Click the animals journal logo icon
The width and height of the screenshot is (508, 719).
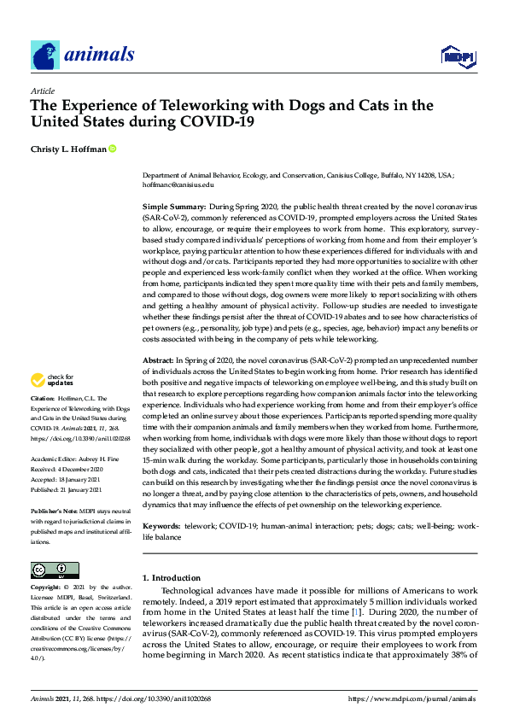pyautogui.click(x=45, y=56)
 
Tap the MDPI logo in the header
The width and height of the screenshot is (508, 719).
pyautogui.click(x=457, y=56)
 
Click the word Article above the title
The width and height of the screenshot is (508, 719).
pyautogui.click(x=42, y=91)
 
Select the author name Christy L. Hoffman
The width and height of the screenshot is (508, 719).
pyautogui.click(x=67, y=149)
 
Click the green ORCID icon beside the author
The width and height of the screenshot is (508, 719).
pyautogui.click(x=112, y=149)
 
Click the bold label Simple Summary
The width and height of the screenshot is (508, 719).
pyautogui.click(x=173, y=208)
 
